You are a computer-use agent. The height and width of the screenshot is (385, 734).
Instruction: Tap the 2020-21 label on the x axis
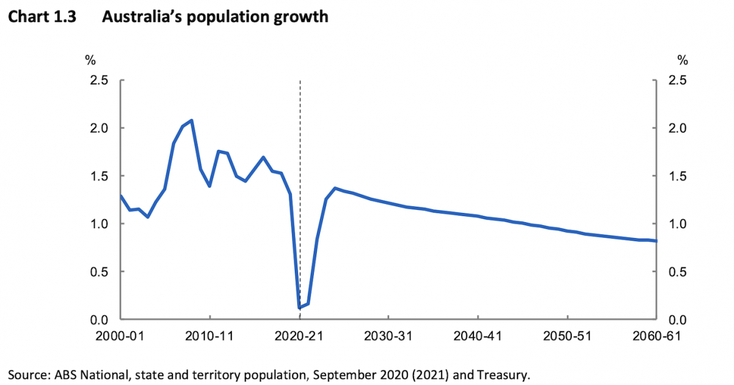click(300, 337)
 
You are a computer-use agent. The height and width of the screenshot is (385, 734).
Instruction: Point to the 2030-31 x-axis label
click(389, 337)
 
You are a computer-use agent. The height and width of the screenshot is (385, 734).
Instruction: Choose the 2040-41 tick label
click(478, 337)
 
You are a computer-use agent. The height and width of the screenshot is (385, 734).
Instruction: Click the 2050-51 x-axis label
click(567, 337)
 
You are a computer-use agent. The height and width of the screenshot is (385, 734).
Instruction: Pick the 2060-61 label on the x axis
click(654, 337)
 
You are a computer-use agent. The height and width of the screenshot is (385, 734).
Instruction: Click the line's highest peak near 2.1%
click(191, 121)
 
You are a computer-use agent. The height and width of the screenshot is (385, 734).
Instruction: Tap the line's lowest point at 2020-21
click(300, 307)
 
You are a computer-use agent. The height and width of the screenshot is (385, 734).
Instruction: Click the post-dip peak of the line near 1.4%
click(335, 189)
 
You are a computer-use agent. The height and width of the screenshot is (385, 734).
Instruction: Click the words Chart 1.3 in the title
click(42, 17)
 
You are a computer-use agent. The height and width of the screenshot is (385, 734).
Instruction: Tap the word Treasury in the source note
click(504, 374)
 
